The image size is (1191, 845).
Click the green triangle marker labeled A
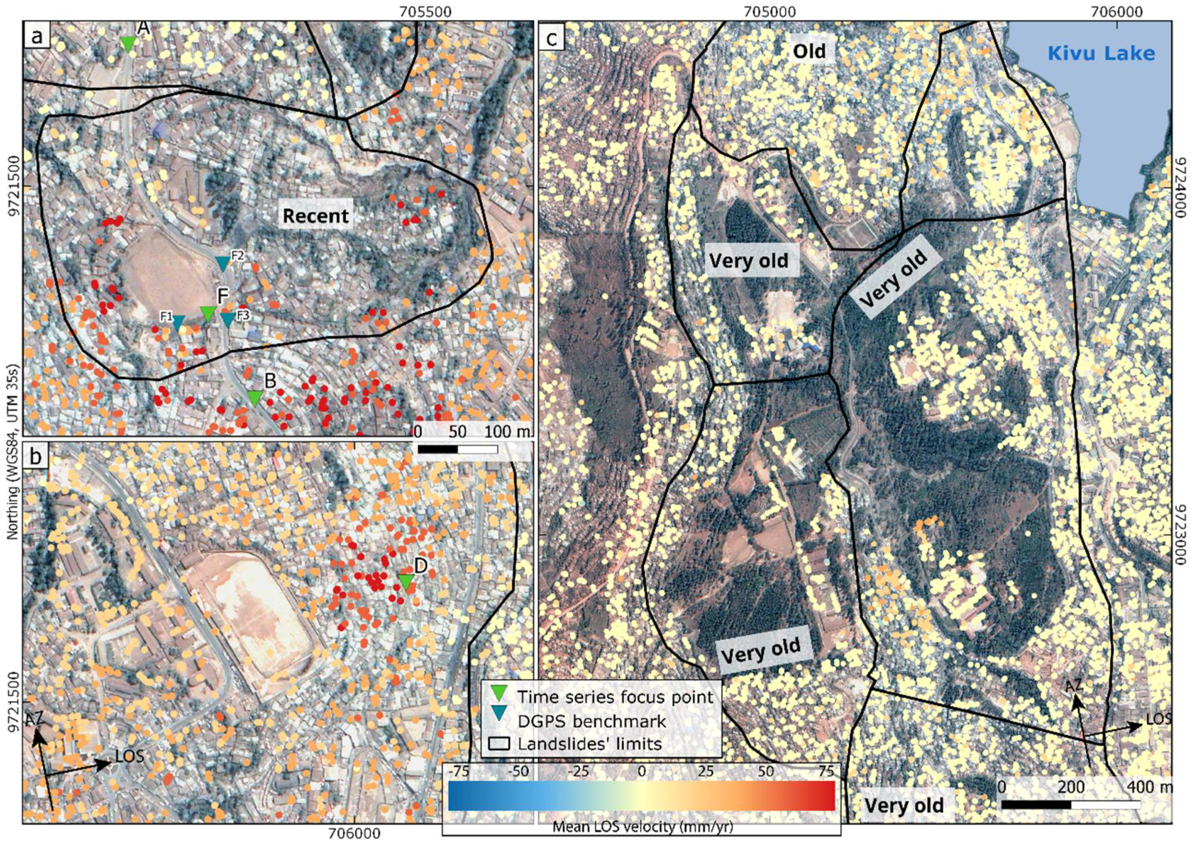tap(128, 44)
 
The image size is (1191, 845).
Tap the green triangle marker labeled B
tap(254, 398)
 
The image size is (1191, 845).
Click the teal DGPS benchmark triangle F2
tap(222, 263)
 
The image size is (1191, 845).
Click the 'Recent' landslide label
tap(315, 215)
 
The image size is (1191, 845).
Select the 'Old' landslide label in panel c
tap(810, 51)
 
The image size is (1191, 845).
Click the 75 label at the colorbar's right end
tap(826, 771)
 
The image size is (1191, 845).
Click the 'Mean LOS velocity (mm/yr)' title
tap(643, 827)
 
